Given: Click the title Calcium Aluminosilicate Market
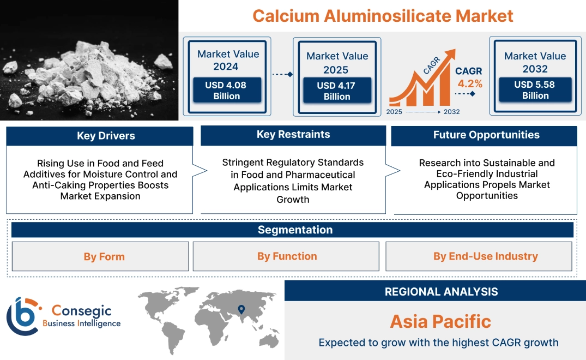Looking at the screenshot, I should tap(383, 16).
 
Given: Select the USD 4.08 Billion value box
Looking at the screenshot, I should tap(227, 91).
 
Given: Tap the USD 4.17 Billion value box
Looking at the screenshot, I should tap(337, 91).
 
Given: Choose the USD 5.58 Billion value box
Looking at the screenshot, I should tap(535, 90).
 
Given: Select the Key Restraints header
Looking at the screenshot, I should tap(293, 135).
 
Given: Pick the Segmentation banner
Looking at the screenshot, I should tap(295, 230).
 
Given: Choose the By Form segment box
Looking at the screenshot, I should tap(104, 256).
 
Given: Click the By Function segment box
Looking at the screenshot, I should tap(287, 256).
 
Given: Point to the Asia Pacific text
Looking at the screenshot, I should tap(440, 321).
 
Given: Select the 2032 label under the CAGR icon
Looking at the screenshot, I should tap(451, 112).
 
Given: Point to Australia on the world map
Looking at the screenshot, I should tap(268, 339).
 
